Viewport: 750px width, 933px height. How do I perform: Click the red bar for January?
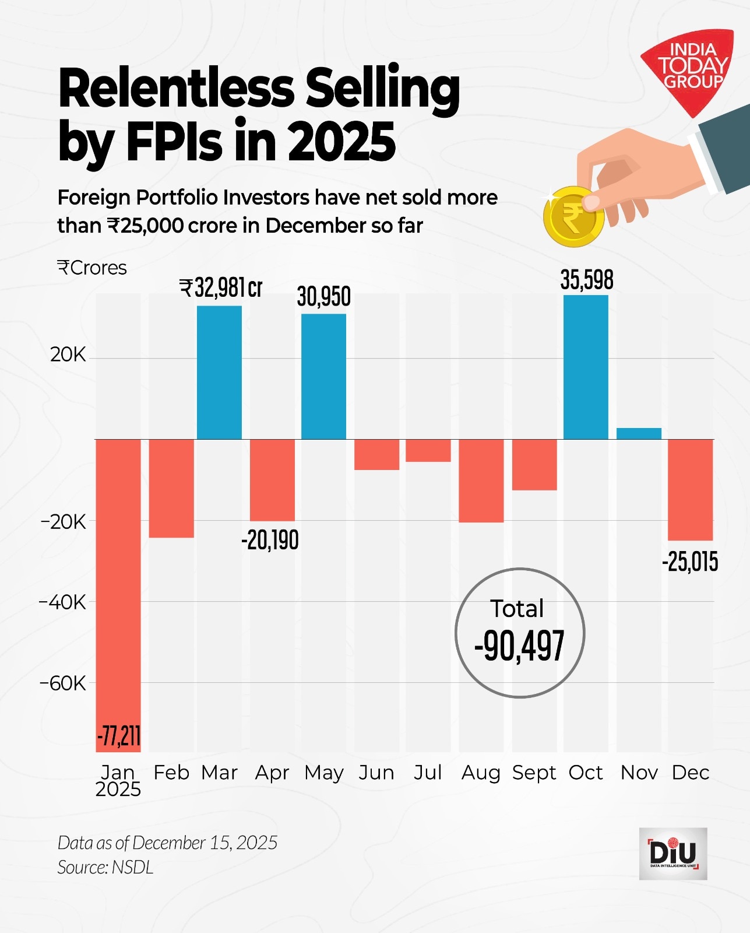[118, 583]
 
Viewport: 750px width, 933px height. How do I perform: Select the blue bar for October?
[586, 367]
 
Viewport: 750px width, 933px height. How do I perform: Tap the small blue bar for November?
[639, 433]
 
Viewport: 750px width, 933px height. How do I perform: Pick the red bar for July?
[428, 450]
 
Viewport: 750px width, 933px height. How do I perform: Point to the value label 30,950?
[323, 297]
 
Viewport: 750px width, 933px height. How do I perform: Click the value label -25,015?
[690, 562]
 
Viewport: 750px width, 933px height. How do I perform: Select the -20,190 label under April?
[270, 540]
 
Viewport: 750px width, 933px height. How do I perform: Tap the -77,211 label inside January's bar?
[119, 736]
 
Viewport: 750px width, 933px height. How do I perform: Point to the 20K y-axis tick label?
[68, 355]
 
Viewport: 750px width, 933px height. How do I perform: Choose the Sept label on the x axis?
[534, 773]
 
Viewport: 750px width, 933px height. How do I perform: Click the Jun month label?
[376, 773]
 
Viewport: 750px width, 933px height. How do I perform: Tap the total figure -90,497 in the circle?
[519, 646]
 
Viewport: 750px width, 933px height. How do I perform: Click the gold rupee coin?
[573, 217]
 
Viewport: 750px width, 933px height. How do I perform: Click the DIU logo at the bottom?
[672, 853]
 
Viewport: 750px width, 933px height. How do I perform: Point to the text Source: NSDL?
[105, 867]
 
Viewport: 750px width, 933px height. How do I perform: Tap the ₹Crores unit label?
[92, 268]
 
